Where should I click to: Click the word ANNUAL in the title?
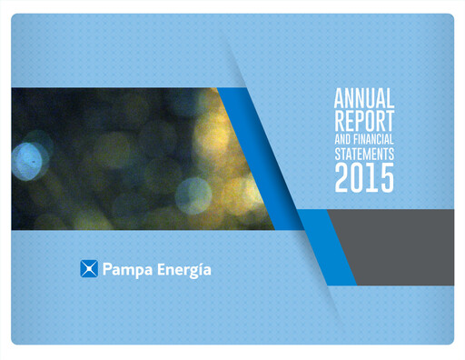[364, 96]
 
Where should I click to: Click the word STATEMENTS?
[364, 156]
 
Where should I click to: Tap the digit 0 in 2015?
[358, 181]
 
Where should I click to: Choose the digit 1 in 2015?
[372, 181]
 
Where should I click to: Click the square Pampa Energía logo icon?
[89, 269]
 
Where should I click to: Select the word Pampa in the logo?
[125, 270]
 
